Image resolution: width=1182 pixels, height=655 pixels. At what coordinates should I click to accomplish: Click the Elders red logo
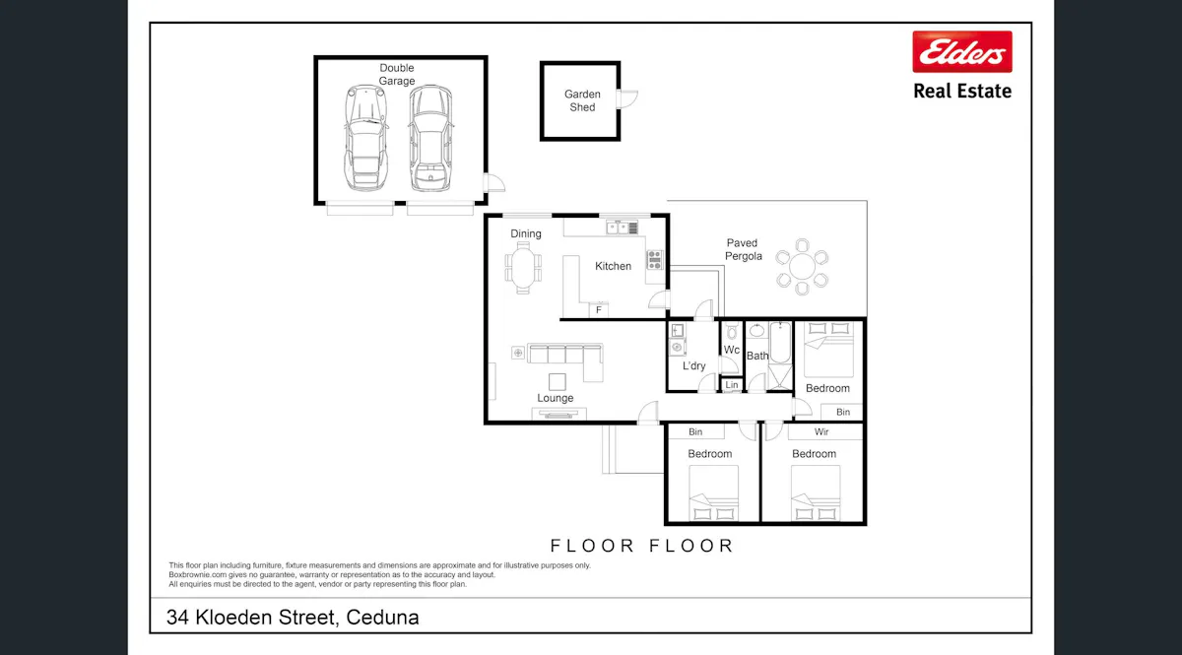pyautogui.click(x=961, y=52)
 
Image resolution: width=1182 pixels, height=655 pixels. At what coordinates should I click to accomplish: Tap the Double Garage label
pyautogui.click(x=397, y=75)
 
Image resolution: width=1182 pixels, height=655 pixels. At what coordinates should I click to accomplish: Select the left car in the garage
pyautogui.click(x=363, y=138)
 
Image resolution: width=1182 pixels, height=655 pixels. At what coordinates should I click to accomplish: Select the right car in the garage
pyautogui.click(x=429, y=138)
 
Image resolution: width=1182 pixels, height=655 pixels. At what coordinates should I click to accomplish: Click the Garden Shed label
pyautogui.click(x=582, y=100)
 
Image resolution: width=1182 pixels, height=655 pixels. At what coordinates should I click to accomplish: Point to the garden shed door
pyautogui.click(x=627, y=98)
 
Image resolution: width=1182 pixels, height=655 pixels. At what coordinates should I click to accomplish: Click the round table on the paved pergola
pyautogui.click(x=801, y=266)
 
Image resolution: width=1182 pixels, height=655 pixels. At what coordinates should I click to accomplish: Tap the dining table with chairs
pyautogui.click(x=524, y=268)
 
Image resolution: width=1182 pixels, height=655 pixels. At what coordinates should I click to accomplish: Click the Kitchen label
pyautogui.click(x=613, y=266)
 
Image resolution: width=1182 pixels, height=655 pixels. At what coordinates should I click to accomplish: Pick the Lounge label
pyautogui.click(x=556, y=398)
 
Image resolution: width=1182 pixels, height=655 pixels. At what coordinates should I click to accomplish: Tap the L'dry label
pyautogui.click(x=693, y=366)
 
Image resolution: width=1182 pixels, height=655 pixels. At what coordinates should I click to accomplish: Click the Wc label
pyautogui.click(x=732, y=350)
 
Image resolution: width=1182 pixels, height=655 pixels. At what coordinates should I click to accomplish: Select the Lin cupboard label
pyautogui.click(x=732, y=385)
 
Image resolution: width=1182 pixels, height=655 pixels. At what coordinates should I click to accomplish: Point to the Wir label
pyautogui.click(x=821, y=432)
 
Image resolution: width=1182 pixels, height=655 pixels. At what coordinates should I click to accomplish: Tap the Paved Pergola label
pyautogui.click(x=744, y=249)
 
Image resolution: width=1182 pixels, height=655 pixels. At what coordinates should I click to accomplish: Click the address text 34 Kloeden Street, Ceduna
pyautogui.click(x=293, y=618)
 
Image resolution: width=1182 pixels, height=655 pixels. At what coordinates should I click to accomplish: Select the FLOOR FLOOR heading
pyautogui.click(x=641, y=546)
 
